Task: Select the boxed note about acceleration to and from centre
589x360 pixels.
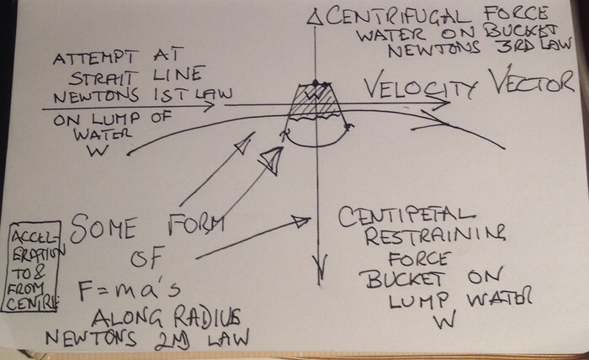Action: [31, 267]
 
